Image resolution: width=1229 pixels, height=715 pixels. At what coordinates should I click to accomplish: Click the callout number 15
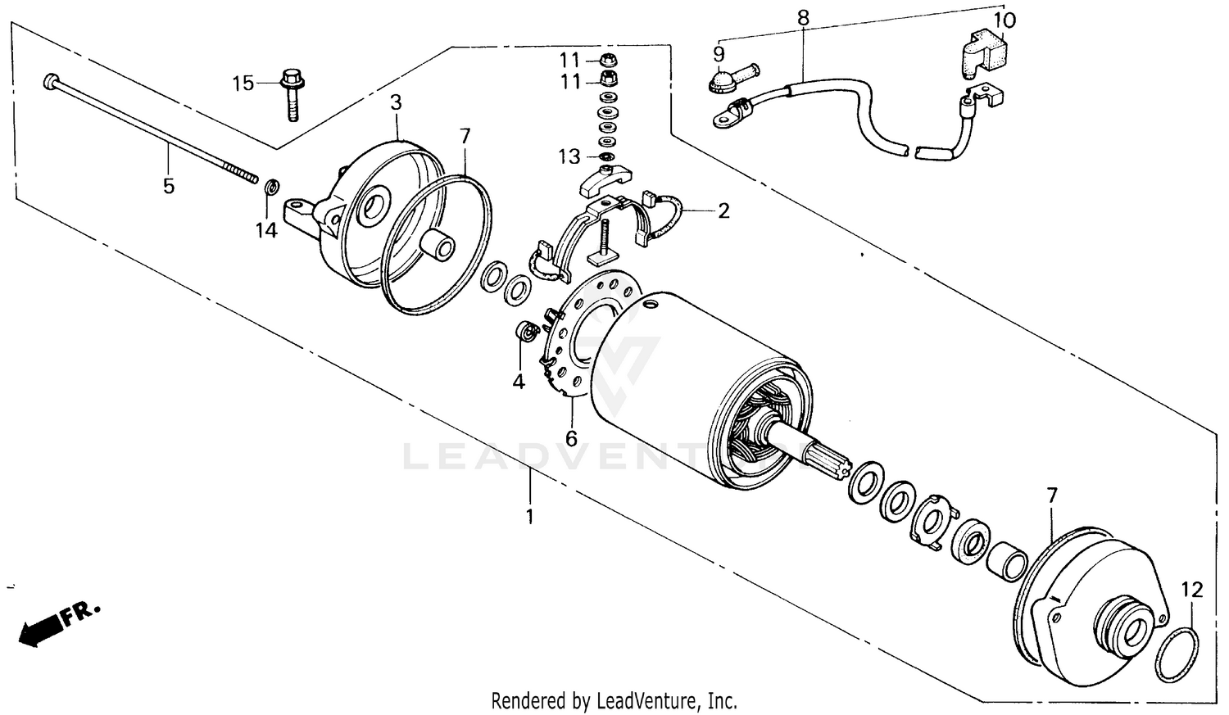tap(243, 83)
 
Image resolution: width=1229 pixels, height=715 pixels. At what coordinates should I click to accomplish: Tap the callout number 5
tap(169, 186)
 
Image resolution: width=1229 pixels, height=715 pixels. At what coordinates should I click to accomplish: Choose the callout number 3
tap(396, 102)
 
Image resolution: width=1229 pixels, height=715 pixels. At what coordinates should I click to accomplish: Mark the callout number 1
tap(529, 516)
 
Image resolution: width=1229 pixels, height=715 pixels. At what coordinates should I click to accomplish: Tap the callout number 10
tap(1005, 20)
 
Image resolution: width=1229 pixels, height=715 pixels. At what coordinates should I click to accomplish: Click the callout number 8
tap(803, 16)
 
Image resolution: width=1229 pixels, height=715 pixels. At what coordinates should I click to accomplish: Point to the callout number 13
tap(569, 156)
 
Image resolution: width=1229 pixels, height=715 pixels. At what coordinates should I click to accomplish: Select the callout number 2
tap(723, 210)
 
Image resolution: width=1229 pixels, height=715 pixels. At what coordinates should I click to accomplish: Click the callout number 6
tap(571, 438)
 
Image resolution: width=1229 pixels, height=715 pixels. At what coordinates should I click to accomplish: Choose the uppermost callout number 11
tap(570, 59)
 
